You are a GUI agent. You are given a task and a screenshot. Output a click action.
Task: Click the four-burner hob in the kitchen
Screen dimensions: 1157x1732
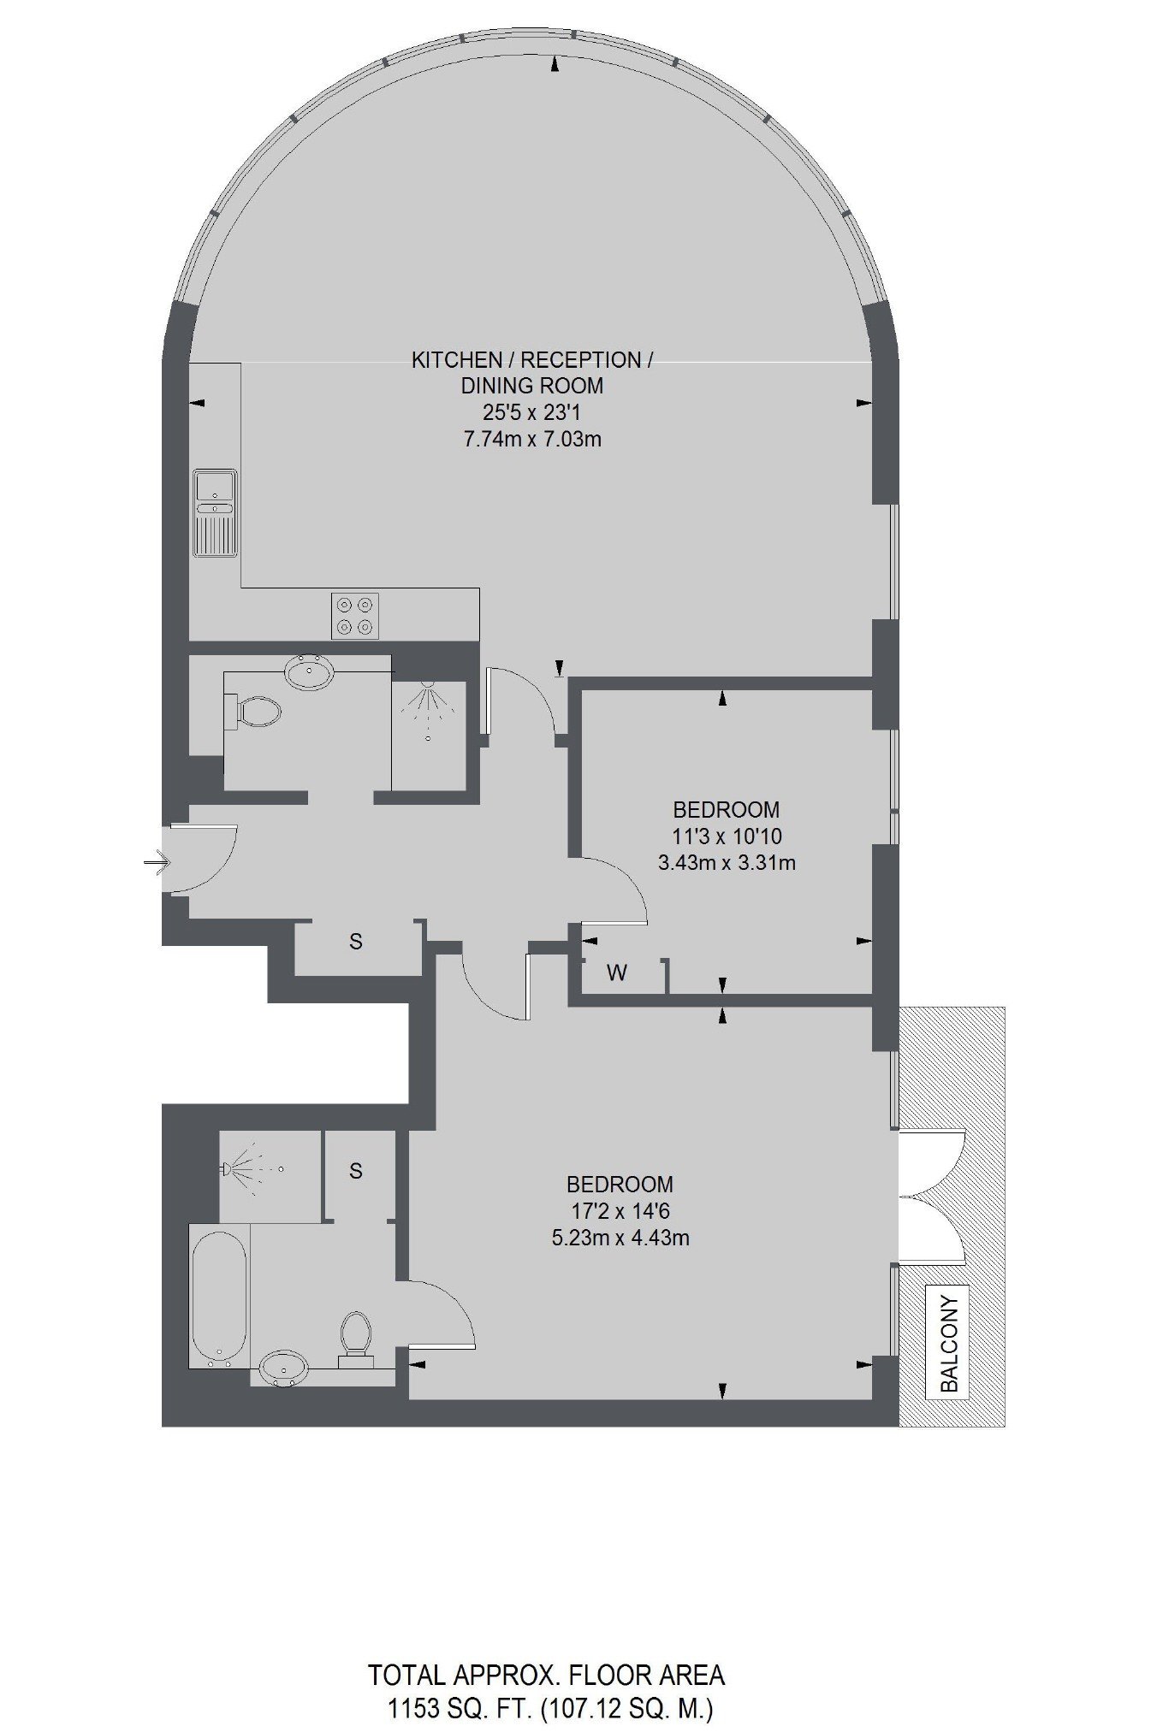click(355, 615)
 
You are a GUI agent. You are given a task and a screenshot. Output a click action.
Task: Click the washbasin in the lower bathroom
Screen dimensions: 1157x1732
click(284, 1368)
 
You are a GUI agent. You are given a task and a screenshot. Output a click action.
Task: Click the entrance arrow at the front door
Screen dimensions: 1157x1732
click(157, 863)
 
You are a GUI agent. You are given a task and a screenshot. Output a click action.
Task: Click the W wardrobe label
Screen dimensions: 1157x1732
click(617, 972)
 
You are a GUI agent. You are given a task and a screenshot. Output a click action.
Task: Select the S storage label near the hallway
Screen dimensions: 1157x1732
click(356, 942)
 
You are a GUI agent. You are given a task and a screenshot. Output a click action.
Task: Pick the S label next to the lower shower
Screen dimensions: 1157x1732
click(356, 1171)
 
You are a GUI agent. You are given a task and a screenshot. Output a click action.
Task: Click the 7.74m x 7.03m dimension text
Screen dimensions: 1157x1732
click(532, 440)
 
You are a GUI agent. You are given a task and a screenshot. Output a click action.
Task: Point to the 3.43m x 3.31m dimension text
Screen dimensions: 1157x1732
click(727, 863)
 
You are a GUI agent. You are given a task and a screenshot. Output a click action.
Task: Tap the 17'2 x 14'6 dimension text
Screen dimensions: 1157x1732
click(620, 1211)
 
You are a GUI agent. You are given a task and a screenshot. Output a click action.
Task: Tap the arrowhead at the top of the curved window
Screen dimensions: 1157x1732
click(557, 63)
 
